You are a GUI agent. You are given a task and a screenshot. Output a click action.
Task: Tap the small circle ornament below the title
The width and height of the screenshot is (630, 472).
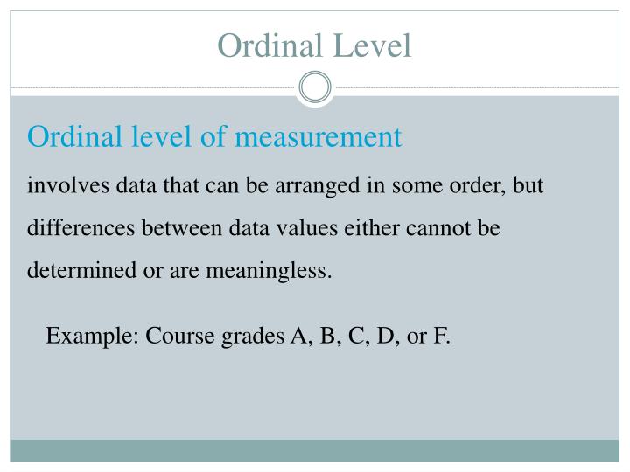click(x=315, y=87)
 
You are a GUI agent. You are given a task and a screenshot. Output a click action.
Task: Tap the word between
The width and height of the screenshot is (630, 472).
click(x=183, y=229)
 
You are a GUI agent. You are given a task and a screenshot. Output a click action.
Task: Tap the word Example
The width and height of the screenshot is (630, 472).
click(x=90, y=336)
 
